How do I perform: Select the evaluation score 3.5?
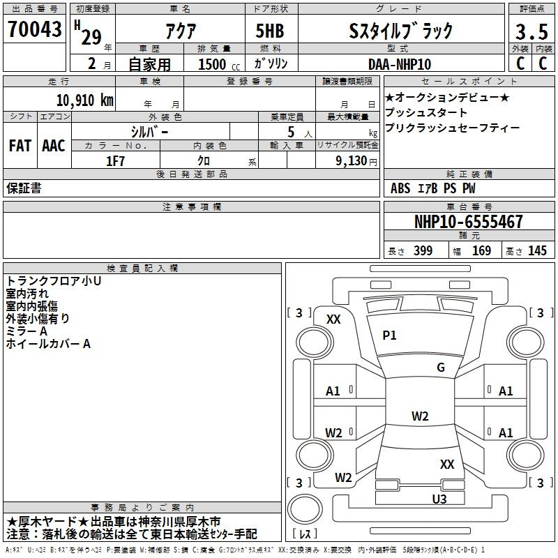(x=530, y=31)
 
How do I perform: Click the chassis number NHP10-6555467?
(x=469, y=222)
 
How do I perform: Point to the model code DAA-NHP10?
(x=400, y=64)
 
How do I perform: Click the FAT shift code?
(x=20, y=146)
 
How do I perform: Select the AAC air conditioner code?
(x=53, y=146)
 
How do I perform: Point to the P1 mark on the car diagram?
(x=389, y=335)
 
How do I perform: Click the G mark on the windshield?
(x=441, y=368)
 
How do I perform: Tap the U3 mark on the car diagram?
(x=439, y=499)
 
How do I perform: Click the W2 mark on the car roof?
(x=420, y=416)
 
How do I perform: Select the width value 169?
(x=481, y=250)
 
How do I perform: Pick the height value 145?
(x=537, y=250)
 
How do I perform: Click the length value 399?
(x=423, y=250)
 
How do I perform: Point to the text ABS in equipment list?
(x=400, y=188)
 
